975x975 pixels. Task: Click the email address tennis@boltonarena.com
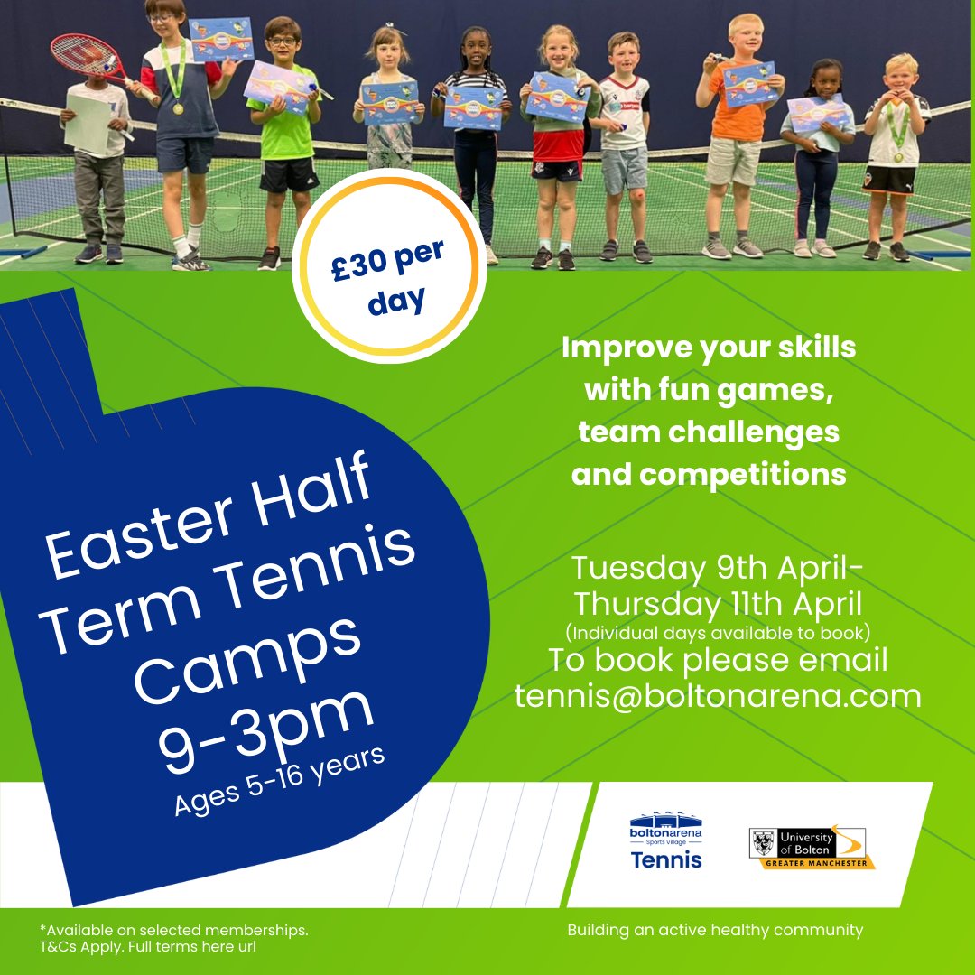[x=718, y=695]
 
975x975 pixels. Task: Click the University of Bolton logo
[x=812, y=848]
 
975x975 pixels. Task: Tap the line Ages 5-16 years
[x=280, y=782]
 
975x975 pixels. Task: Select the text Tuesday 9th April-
[x=718, y=569]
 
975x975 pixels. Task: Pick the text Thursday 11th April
[x=718, y=602]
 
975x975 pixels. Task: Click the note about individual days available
[x=718, y=630]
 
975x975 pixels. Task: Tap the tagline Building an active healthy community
[x=715, y=930]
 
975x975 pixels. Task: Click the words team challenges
[x=709, y=432]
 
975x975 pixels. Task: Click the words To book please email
[x=718, y=660]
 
